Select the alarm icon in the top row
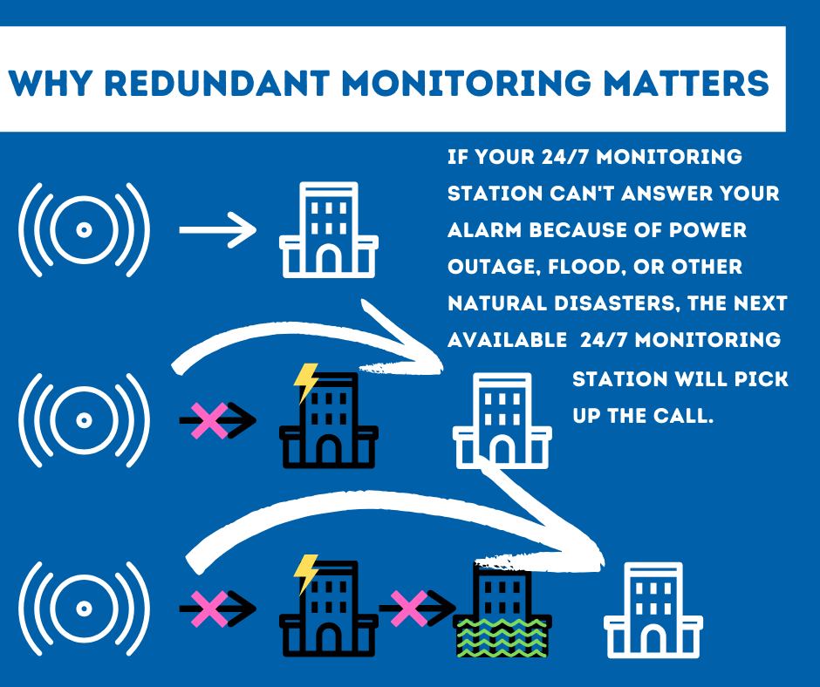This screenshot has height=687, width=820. (x=84, y=230)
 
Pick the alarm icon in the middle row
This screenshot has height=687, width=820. (x=84, y=420)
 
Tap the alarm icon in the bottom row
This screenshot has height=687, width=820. (x=84, y=608)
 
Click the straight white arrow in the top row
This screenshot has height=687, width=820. (x=217, y=230)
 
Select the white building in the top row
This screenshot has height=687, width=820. (x=328, y=230)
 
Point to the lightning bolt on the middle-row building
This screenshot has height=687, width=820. (x=306, y=382)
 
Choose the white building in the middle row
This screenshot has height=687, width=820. (x=502, y=420)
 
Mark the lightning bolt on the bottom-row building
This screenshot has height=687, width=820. (x=306, y=572)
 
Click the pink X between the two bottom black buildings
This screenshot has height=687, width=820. (x=408, y=608)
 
